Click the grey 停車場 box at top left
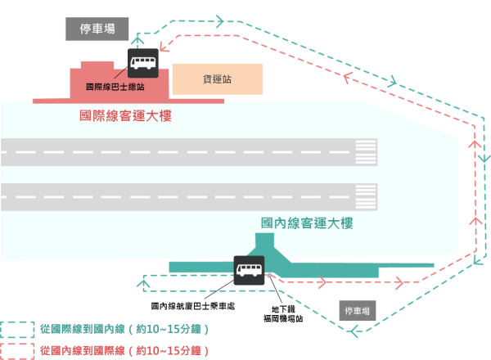97,29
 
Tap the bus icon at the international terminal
143,62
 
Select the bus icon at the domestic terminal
249,270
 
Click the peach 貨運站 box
217,79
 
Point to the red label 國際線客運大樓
125,116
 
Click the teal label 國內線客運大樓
307,223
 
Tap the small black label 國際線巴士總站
115,86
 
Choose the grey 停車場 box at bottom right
358,311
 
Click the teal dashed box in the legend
17,329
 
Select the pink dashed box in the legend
17,350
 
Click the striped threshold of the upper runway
366,152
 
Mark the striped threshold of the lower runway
366,197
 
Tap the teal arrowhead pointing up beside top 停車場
138,38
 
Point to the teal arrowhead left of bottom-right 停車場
354,331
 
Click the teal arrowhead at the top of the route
218,18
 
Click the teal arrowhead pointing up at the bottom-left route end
144,281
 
